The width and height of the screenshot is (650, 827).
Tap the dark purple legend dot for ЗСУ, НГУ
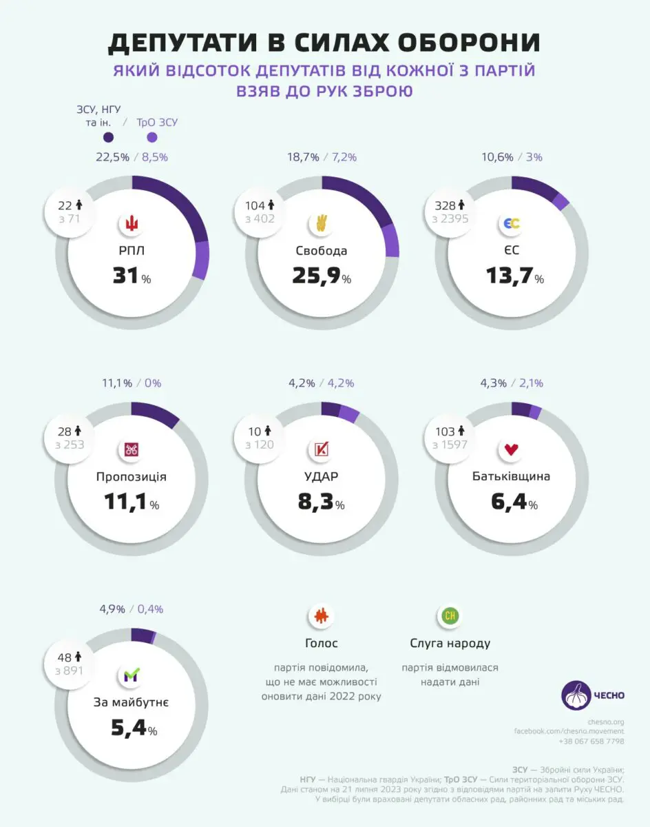pyautogui.click(x=108, y=137)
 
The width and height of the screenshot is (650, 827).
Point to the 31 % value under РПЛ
pyautogui.click(x=132, y=277)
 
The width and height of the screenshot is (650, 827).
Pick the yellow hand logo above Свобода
pyautogui.click(x=322, y=223)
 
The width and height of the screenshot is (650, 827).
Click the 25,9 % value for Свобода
pyautogui.click(x=322, y=277)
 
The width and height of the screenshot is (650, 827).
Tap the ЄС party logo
pyautogui.click(x=512, y=223)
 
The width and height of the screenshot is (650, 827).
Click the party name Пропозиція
pyautogui.click(x=132, y=476)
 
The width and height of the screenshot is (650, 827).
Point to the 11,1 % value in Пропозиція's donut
pyautogui.click(x=132, y=503)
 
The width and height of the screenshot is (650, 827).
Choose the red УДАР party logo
pyautogui.click(x=322, y=450)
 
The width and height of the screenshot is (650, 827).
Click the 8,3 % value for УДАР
pyautogui.click(x=322, y=503)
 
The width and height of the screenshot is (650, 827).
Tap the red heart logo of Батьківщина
pyautogui.click(x=512, y=450)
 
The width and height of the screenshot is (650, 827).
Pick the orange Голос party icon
pyautogui.click(x=321, y=616)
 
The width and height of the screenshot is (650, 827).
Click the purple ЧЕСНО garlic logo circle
pyautogui.click(x=577, y=695)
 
